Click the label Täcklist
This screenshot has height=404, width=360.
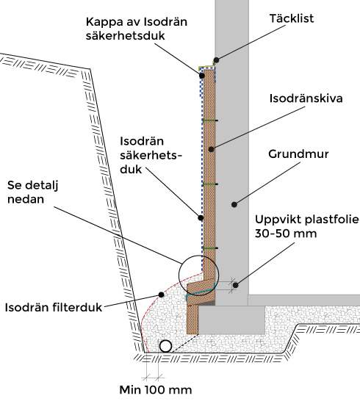[x=292, y=18]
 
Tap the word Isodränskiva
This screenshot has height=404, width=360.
[x=306, y=98]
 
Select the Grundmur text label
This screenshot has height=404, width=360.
[x=298, y=154]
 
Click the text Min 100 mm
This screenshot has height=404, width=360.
[x=156, y=390]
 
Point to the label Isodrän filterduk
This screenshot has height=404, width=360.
[x=54, y=307]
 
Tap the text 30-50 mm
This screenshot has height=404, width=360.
[x=286, y=234]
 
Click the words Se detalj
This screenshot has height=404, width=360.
[x=33, y=186]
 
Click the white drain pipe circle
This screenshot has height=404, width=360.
[x=165, y=346]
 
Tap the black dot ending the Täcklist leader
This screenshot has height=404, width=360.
[x=217, y=60]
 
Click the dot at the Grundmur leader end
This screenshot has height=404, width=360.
[x=234, y=205]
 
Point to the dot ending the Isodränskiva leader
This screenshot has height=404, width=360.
[x=211, y=149]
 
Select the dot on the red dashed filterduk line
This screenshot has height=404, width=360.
[x=161, y=295]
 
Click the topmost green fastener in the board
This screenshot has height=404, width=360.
[x=211, y=120]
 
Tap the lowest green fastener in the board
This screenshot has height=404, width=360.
[x=211, y=248]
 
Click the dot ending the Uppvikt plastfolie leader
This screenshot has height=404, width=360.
[x=235, y=285]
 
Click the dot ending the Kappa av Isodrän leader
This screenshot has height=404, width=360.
[x=202, y=76]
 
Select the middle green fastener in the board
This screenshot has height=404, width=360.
[x=211, y=184]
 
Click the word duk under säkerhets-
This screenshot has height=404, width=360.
[x=131, y=170]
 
